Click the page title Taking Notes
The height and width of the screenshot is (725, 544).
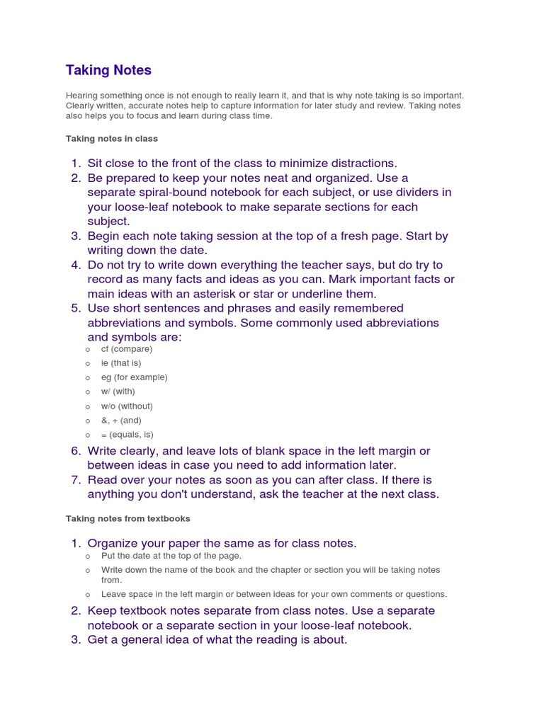[x=108, y=70]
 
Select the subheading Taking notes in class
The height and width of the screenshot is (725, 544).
[x=112, y=139]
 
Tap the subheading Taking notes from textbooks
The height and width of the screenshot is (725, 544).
[x=128, y=519]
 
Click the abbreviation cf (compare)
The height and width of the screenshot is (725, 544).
[x=126, y=349]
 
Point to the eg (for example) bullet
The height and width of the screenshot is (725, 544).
[x=134, y=377]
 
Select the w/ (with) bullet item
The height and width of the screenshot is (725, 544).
[x=118, y=392]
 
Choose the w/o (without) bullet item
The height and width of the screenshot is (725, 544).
[x=127, y=406]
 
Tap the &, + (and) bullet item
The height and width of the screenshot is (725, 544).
[x=121, y=421]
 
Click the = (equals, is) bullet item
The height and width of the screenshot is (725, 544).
[x=127, y=435]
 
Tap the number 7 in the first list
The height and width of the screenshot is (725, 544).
[x=75, y=480]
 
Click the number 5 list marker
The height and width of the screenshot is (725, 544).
[x=75, y=308]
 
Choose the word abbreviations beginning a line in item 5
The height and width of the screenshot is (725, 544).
[x=132, y=323]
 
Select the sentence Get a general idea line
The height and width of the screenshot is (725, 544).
[x=217, y=640]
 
